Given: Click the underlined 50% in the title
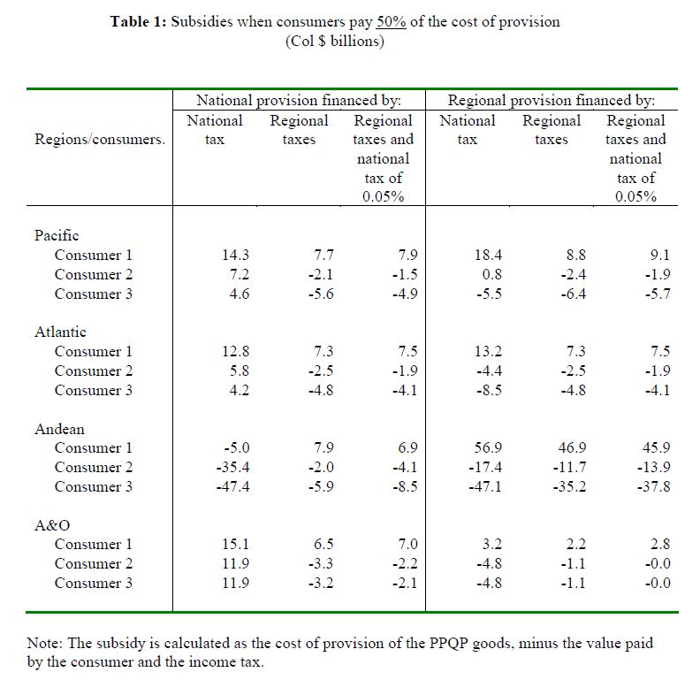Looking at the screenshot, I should (x=391, y=21).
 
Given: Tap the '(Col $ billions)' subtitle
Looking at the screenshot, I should (x=335, y=42).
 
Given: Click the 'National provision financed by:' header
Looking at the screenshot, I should (x=299, y=101).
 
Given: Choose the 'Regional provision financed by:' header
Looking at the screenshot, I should (x=552, y=101).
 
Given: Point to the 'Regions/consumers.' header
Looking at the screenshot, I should (x=100, y=140).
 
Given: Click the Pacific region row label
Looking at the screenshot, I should (x=57, y=235).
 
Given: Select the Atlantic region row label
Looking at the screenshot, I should (x=60, y=332).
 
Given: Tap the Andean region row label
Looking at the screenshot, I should (x=59, y=429).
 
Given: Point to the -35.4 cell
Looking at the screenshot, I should (x=233, y=467).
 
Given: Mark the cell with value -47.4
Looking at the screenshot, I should (x=233, y=486).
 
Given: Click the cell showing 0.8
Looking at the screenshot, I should (x=492, y=274).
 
